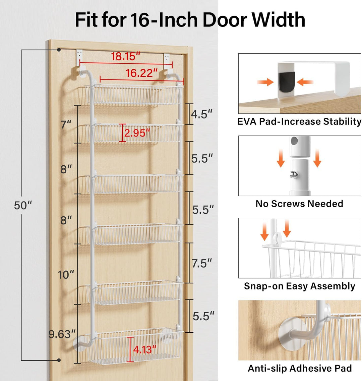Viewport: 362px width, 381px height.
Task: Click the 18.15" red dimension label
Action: click(125, 57)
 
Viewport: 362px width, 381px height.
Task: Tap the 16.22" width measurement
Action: click(141, 73)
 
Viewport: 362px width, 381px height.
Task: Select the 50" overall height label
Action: click(23, 206)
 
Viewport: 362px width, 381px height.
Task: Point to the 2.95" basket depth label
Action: click(137, 133)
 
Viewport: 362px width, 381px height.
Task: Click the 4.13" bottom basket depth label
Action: click(145, 350)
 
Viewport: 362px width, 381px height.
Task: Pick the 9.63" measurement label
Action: click(62, 334)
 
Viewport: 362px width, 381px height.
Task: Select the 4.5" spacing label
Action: click(201, 114)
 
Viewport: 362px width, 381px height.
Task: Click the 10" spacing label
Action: click(66, 275)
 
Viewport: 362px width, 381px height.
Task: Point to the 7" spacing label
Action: click(66, 125)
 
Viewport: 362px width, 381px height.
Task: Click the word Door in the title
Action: click(225, 19)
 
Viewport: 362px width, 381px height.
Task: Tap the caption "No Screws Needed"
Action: click(299, 204)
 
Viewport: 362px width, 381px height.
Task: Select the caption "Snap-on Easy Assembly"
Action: click(300, 286)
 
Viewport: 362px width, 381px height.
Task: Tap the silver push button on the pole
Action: click(294, 174)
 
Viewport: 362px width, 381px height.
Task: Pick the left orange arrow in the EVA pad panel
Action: click(265, 82)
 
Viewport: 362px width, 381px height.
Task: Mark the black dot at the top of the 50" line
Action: click(59, 50)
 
